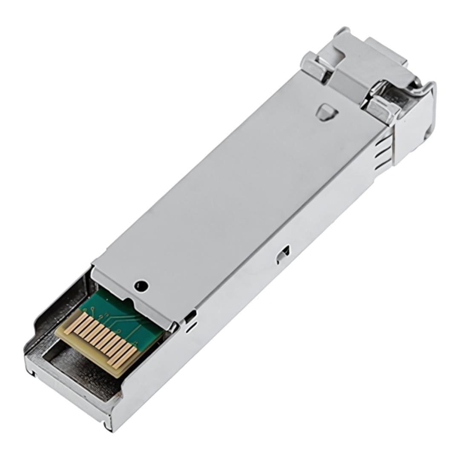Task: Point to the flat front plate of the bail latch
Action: [x=411, y=124]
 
